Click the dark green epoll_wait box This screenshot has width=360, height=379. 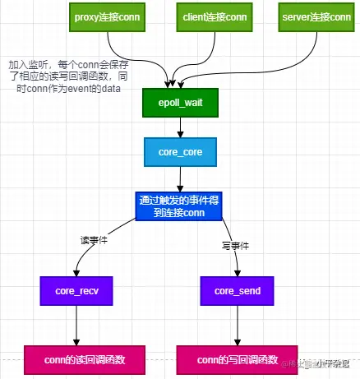point(180,104)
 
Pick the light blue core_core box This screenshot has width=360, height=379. point(180,152)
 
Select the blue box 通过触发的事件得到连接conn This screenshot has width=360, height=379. point(180,206)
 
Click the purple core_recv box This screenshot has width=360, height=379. point(76,291)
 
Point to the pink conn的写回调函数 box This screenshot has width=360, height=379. point(239,358)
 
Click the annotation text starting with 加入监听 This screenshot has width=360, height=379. point(66,76)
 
